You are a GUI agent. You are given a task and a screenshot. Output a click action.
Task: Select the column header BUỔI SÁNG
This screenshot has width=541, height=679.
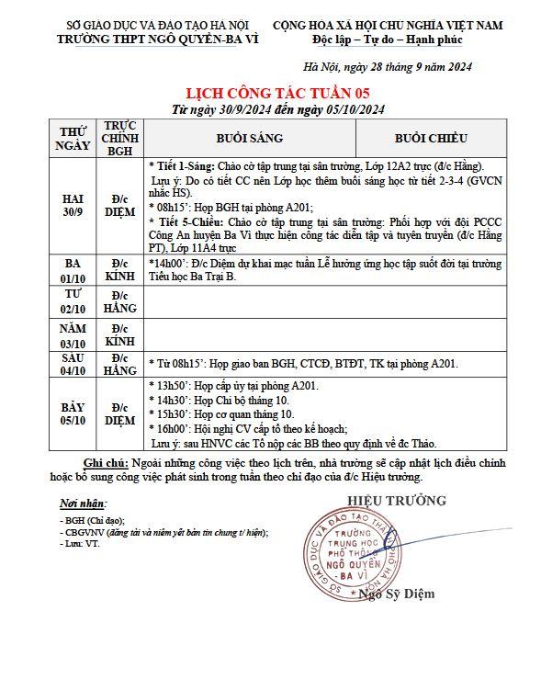pyautogui.click(x=250, y=138)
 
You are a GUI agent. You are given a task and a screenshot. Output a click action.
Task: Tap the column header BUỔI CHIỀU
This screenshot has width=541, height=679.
pyautogui.click(x=431, y=138)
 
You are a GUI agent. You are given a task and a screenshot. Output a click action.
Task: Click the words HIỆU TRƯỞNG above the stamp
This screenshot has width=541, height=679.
pyautogui.click(x=396, y=501)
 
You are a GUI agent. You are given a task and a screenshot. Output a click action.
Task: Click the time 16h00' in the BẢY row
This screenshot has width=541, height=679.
pyautogui.click(x=170, y=428)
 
